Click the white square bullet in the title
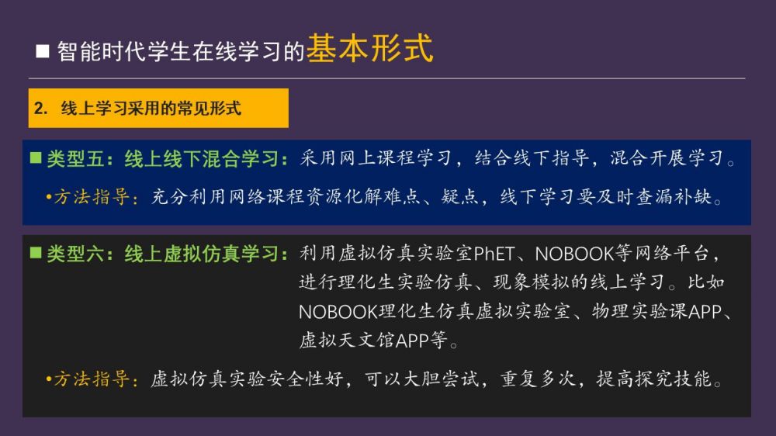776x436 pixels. point(43,51)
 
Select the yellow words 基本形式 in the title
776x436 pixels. point(369,49)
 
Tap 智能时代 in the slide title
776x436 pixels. point(102,51)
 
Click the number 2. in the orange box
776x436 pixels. point(40,108)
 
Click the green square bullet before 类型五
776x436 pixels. point(36,157)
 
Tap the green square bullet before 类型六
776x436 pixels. point(36,253)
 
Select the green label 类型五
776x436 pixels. point(75,159)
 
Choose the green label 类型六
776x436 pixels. point(75,254)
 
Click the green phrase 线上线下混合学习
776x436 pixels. point(202,159)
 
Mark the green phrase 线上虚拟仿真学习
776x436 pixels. point(202,254)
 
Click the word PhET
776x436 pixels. point(494,254)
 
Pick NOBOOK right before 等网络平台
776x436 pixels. point(574,254)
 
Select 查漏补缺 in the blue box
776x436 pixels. point(674,197)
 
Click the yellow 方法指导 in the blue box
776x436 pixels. point(92,197)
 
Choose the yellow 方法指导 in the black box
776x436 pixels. point(92,379)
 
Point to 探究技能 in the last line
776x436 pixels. point(674,379)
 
